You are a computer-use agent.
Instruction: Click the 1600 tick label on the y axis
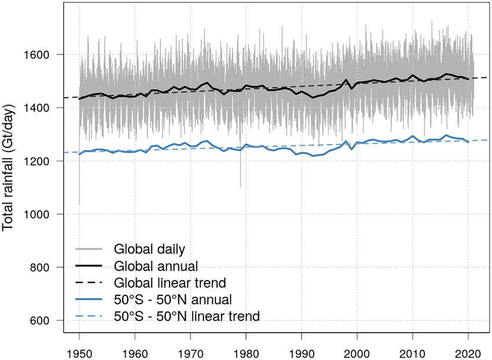point(36,55)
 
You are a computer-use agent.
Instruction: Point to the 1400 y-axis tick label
point(36,108)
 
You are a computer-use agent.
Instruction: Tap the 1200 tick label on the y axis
point(36,161)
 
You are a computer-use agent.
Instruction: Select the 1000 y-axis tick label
point(36,214)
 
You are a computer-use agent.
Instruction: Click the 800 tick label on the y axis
point(39,267)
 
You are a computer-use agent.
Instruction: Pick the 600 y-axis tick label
point(39,321)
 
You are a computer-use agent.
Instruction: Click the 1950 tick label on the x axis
point(79,354)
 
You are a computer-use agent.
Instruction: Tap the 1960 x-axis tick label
point(135,354)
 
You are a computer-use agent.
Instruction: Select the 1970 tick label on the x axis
point(190,354)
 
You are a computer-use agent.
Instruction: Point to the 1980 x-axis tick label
point(246,354)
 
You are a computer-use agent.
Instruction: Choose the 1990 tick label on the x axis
point(302,354)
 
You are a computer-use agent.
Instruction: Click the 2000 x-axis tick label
point(357,354)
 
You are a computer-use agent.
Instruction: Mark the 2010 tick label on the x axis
point(413,354)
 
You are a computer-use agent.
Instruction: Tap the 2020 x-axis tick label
point(468,354)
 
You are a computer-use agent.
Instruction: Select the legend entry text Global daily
point(149,249)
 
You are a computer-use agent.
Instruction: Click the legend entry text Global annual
point(156,266)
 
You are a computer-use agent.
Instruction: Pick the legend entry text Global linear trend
point(170,283)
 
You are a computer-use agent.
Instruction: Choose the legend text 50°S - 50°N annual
point(173,299)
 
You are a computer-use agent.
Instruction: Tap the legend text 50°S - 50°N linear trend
point(187,316)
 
